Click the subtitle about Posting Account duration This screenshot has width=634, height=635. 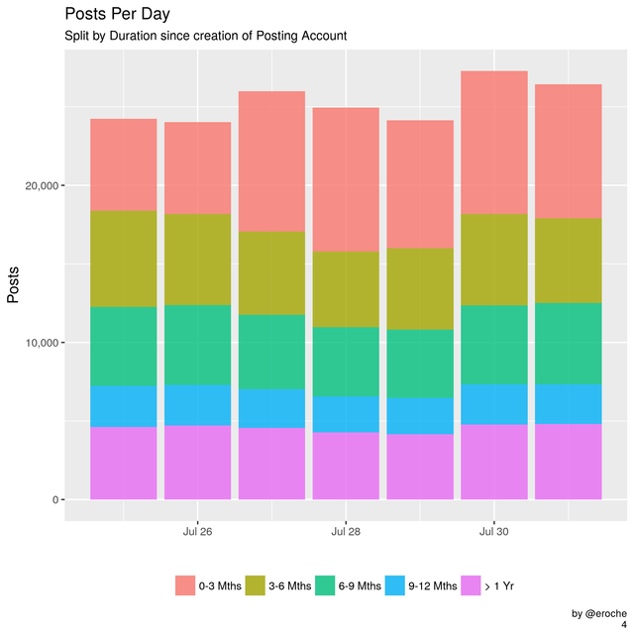[x=204, y=37]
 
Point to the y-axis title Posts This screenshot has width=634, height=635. [x=14, y=285]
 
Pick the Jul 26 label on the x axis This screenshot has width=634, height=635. [x=197, y=532]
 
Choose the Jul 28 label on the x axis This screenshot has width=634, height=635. [x=346, y=532]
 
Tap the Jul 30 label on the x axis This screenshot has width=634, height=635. [x=494, y=532]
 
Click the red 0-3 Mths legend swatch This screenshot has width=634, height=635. [x=185, y=585]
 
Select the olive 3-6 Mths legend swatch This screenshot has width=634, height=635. [x=253, y=585]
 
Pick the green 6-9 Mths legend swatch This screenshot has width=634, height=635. [x=322, y=585]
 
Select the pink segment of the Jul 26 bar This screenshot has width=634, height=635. [x=197, y=462]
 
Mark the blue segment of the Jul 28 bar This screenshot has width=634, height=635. [x=346, y=414]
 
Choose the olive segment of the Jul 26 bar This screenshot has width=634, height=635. [x=197, y=259]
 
